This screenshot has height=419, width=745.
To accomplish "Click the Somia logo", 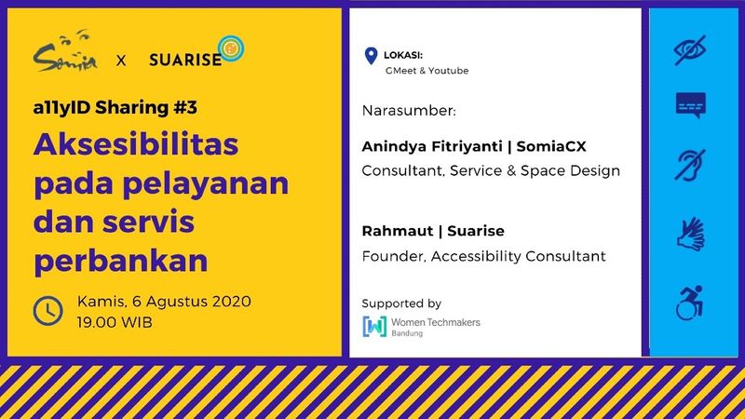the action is [x=65, y=51].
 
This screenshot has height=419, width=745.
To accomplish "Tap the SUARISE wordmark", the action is [x=185, y=60].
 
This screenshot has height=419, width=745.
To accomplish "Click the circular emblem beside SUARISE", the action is [x=231, y=48].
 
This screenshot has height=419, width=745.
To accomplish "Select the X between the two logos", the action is [x=121, y=61].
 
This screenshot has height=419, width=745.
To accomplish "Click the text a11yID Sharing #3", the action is [x=115, y=108].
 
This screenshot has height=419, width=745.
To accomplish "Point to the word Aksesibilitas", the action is [x=136, y=144].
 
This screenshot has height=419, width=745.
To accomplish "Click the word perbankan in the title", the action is [x=121, y=261].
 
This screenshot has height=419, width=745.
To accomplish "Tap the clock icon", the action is [x=48, y=311].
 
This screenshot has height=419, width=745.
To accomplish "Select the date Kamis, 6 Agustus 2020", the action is [x=164, y=301].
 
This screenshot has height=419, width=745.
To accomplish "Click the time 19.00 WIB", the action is [x=115, y=322].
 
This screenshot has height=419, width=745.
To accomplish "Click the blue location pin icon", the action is [x=371, y=56].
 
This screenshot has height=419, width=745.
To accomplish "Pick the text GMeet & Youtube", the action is [x=427, y=71].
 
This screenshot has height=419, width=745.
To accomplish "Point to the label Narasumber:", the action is [x=409, y=111].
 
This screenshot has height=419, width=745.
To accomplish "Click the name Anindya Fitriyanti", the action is [x=432, y=146].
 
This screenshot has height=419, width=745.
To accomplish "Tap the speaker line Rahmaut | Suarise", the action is [x=433, y=231].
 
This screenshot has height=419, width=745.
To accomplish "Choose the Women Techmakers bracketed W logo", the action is [x=374, y=327].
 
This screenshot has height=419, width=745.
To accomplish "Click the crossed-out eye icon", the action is [x=690, y=50].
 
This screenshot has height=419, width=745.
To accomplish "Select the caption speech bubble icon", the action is [x=691, y=105].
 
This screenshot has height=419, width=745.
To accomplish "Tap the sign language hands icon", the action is [x=691, y=234].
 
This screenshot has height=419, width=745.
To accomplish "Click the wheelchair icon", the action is [x=689, y=304].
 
